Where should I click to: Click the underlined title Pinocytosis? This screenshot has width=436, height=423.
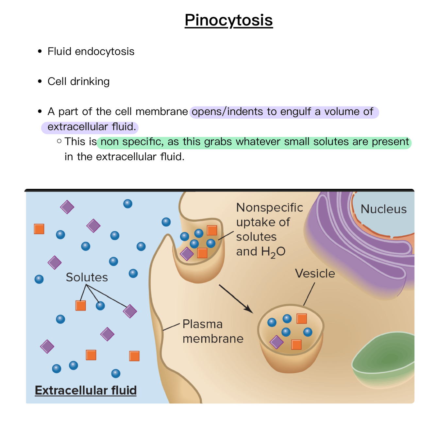(228, 20)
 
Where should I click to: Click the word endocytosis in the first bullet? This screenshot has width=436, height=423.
(105, 52)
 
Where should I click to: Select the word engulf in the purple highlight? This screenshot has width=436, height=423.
(295, 112)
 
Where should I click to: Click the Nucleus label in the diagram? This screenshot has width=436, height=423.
(383, 209)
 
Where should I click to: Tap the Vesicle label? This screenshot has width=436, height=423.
(315, 274)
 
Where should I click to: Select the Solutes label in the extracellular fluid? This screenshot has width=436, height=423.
(87, 277)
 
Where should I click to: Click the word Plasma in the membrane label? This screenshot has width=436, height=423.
(202, 324)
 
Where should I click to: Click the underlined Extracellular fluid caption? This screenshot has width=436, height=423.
(86, 390)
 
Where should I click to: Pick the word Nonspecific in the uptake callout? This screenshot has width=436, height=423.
(269, 208)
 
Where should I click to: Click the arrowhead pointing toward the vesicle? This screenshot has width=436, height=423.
(249, 309)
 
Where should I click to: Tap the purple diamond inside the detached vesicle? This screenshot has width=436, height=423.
(277, 342)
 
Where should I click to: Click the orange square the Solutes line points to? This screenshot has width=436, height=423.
(81, 306)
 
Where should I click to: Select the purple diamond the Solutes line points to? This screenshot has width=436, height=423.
(130, 311)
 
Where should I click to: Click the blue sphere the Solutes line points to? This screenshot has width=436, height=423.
(100, 306)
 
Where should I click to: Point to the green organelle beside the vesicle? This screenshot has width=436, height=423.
(386, 360)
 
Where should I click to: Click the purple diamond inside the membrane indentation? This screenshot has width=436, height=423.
(187, 254)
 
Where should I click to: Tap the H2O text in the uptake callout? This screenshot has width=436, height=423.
(273, 252)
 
